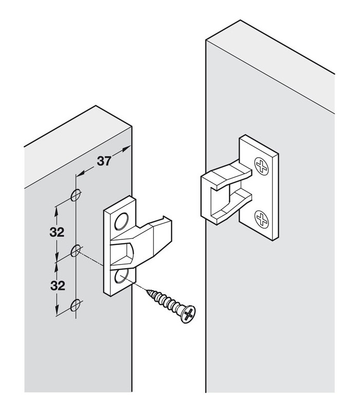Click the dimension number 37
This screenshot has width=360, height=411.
pyautogui.click(x=104, y=161)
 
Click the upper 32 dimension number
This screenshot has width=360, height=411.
pyautogui.click(x=57, y=232)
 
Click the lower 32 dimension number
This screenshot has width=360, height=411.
pyautogui.click(x=58, y=286)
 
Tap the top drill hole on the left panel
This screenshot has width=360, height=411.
pyautogui.click(x=75, y=195)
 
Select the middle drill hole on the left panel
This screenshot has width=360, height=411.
pyautogui.click(x=76, y=250)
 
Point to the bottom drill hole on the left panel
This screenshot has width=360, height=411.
pyautogui.click(x=75, y=305)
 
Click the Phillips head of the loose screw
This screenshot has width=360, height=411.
pyautogui.click(x=188, y=314)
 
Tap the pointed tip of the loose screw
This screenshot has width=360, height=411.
pyautogui.click(x=147, y=290)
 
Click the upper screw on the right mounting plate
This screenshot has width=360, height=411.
pyautogui.click(x=262, y=166)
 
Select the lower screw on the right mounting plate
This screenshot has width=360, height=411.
pyautogui.click(x=262, y=219)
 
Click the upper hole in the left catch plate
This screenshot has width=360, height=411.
pyautogui.click(x=121, y=221)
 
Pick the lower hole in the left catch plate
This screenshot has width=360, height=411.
pyautogui.click(x=121, y=277)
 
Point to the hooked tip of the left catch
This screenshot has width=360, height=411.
pyautogui.click(x=168, y=218)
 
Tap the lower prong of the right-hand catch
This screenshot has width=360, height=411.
pyautogui.click(x=231, y=206)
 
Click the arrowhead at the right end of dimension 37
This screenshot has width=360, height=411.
pyautogui.click(x=127, y=148)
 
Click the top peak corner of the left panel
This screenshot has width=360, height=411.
pyautogui.click(x=96, y=106)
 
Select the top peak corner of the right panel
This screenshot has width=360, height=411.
pyautogui.click(x=240, y=20)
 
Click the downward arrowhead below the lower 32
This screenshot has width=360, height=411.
pyautogui.click(x=57, y=311)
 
